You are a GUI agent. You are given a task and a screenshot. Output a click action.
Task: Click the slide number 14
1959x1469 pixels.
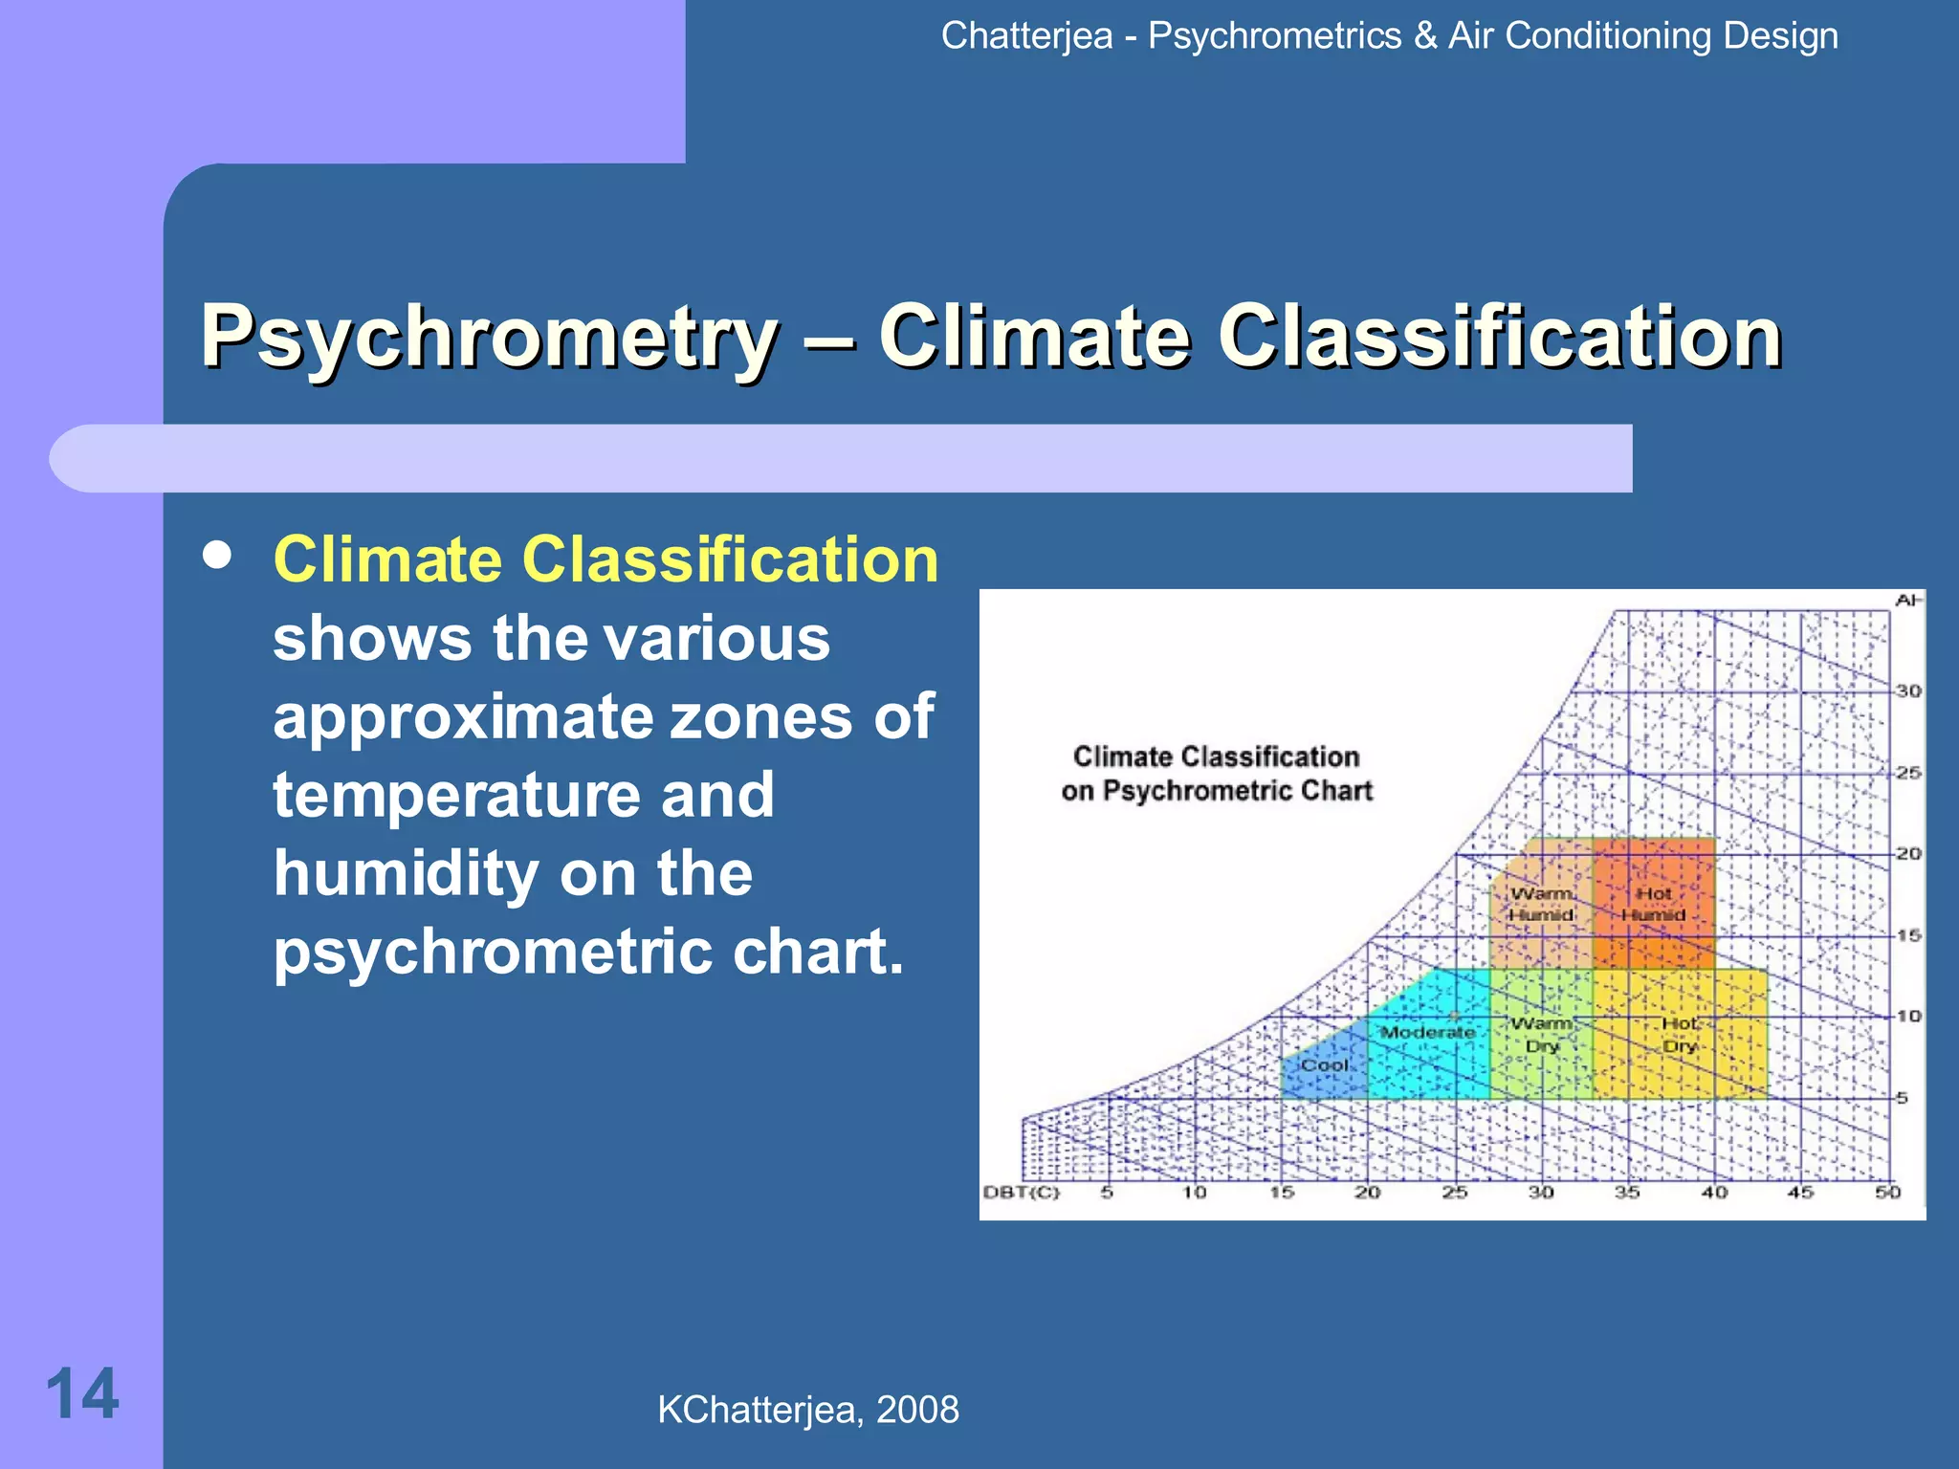click(82, 1394)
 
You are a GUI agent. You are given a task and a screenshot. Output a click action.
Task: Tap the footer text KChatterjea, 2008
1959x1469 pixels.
click(807, 1410)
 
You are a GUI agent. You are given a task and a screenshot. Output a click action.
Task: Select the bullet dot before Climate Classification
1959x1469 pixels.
click(218, 556)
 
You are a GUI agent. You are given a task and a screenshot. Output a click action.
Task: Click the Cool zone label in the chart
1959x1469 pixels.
click(1324, 1065)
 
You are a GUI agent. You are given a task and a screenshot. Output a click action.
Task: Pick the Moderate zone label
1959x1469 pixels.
click(1427, 1032)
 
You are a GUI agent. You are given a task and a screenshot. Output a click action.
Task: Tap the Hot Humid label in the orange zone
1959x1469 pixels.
click(1653, 904)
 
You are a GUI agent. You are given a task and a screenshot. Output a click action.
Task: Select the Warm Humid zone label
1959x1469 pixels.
click(1541, 904)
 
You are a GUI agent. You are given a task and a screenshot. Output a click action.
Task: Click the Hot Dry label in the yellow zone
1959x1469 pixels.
click(1680, 1035)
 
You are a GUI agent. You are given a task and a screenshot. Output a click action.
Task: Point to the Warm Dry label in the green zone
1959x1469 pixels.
click(1542, 1035)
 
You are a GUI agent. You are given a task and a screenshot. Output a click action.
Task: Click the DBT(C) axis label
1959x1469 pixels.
click(1022, 1193)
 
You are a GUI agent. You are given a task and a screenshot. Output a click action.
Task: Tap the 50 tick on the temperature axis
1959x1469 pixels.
click(1887, 1193)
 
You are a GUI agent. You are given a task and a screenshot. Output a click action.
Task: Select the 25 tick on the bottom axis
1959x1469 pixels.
click(1455, 1193)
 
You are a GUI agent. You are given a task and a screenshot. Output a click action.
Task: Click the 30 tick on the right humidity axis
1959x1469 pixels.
click(1908, 691)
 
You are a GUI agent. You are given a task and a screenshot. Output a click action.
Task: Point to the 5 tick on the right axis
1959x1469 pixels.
click(1903, 1098)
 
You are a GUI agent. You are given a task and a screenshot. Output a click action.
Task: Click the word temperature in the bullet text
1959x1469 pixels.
click(523, 795)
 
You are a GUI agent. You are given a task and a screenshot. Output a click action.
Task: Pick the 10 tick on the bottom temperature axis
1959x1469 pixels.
click(1194, 1193)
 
